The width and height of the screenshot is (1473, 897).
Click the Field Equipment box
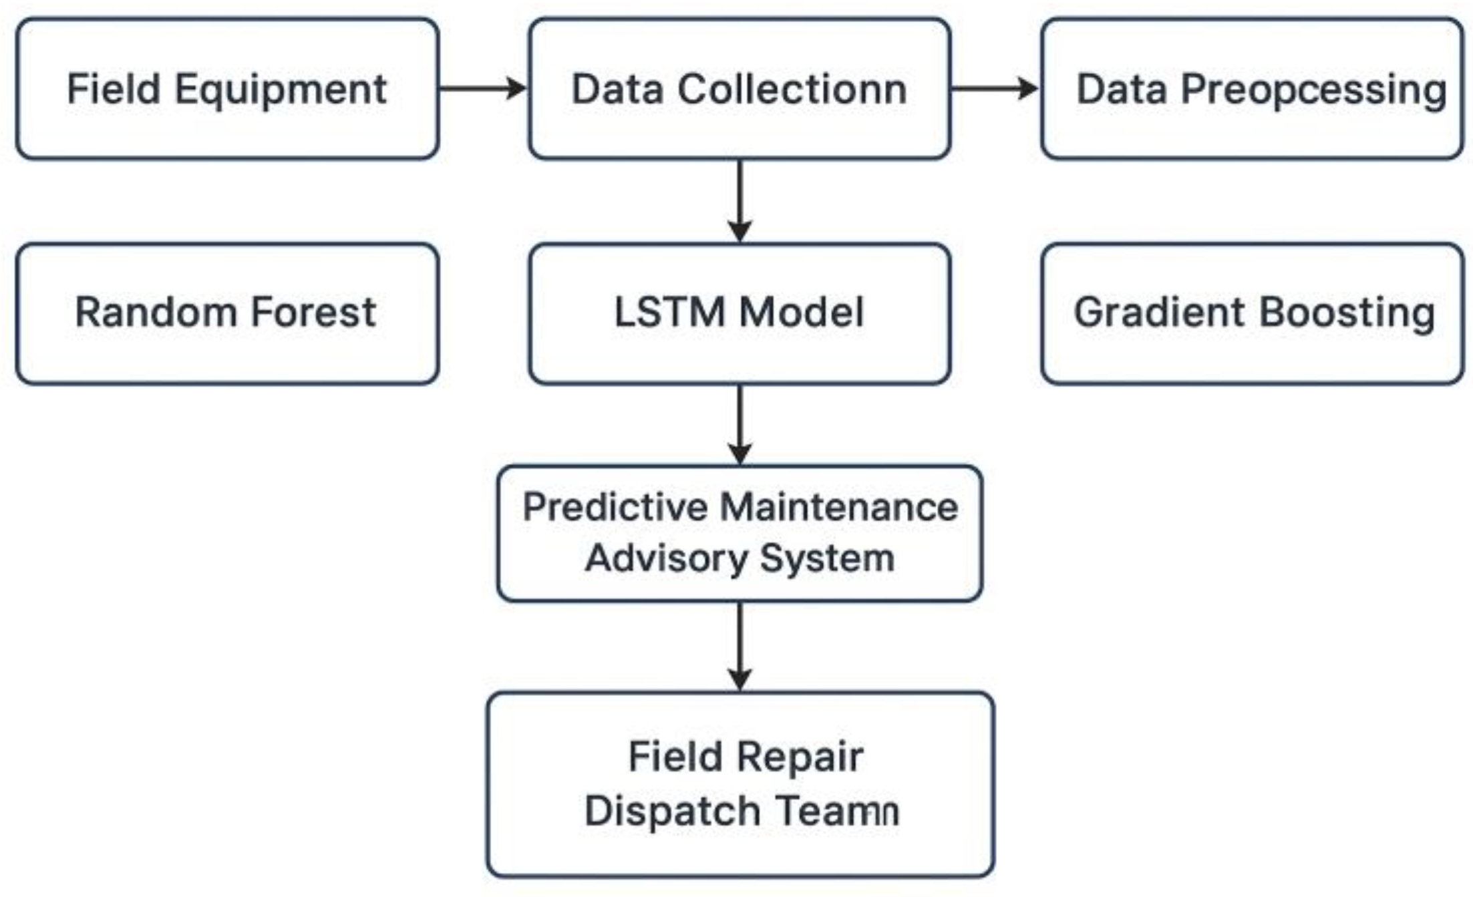click(x=227, y=88)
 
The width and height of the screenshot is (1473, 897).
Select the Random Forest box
click(x=227, y=313)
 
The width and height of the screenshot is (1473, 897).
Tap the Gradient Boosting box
click(x=1252, y=313)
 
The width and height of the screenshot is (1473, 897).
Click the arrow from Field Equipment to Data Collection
click(x=482, y=88)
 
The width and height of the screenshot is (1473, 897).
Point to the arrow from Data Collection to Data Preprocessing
click(x=994, y=88)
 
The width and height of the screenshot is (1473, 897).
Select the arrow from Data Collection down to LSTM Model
click(x=739, y=200)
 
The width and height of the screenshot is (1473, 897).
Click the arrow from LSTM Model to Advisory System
click(x=739, y=425)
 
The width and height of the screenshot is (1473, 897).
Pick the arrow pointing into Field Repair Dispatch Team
click(x=739, y=647)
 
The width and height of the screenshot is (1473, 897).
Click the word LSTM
click(x=669, y=313)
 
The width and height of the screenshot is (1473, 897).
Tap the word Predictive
click(x=616, y=507)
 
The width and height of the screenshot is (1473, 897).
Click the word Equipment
click(x=281, y=89)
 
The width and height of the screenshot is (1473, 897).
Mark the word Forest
click(x=313, y=313)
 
